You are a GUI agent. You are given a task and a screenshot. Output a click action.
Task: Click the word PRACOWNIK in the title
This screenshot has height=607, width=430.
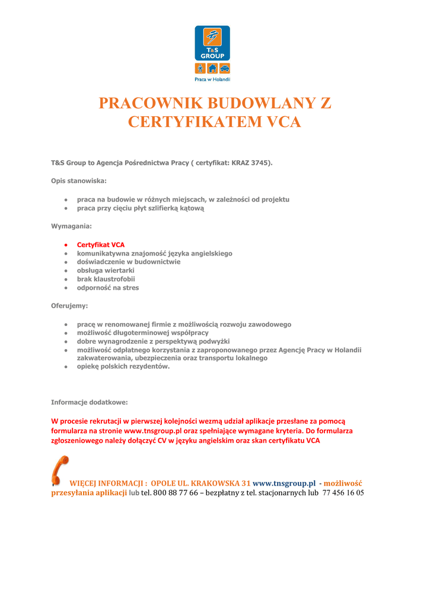(x=155, y=103)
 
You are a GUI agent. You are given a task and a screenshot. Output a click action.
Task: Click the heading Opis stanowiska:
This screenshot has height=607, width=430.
(x=79, y=181)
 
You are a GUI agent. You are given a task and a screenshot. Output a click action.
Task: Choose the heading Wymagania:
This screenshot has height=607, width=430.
(x=71, y=226)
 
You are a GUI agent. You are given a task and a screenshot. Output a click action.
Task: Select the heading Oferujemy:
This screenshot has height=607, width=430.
(x=69, y=306)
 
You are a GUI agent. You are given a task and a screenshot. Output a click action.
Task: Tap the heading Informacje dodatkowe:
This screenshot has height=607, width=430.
(x=90, y=402)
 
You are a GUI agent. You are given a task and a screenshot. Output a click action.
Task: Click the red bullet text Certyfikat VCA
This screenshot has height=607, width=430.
(x=101, y=245)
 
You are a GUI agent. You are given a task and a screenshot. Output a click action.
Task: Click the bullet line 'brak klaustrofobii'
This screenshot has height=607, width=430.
(x=106, y=279)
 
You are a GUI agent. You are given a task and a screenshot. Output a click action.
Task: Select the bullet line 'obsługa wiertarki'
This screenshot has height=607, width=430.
(x=106, y=270)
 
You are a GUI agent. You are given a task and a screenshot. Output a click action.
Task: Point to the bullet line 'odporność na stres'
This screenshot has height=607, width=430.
(x=108, y=288)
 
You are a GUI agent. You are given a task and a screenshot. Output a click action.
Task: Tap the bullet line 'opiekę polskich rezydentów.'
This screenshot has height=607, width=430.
(x=123, y=366)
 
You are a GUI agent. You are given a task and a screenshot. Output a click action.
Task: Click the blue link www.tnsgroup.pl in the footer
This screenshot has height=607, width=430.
(x=284, y=483)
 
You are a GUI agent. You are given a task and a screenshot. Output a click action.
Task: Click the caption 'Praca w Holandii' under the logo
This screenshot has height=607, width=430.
(x=212, y=79)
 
